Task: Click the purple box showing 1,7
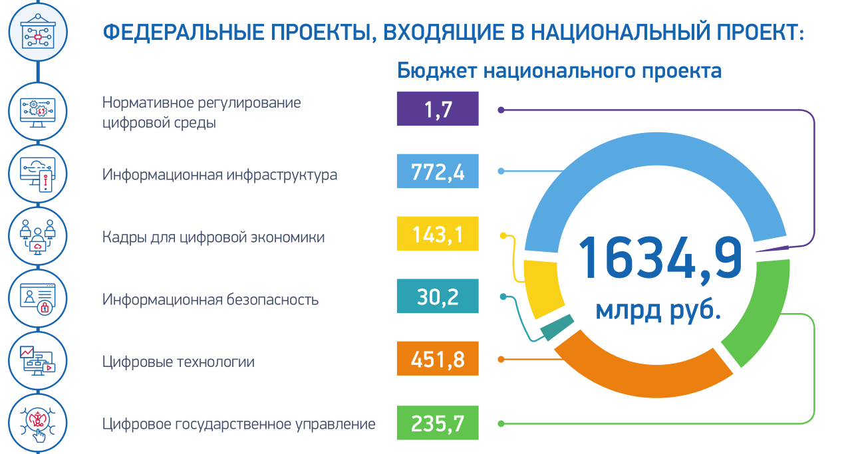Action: tap(438, 109)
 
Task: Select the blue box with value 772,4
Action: tap(438, 171)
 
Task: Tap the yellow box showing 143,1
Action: tap(438, 233)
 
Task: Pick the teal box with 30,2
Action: tap(438, 296)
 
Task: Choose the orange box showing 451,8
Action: tap(438, 359)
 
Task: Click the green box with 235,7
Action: tap(438, 422)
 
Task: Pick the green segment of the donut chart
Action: tap(765, 306)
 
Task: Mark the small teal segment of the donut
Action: tap(557, 327)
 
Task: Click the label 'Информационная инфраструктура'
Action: tap(219, 175)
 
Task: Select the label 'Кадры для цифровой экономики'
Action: tap(213, 237)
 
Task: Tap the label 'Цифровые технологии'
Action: tap(178, 362)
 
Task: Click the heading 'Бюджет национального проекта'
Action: tap(559, 70)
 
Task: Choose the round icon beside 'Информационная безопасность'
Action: tap(37, 298)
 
